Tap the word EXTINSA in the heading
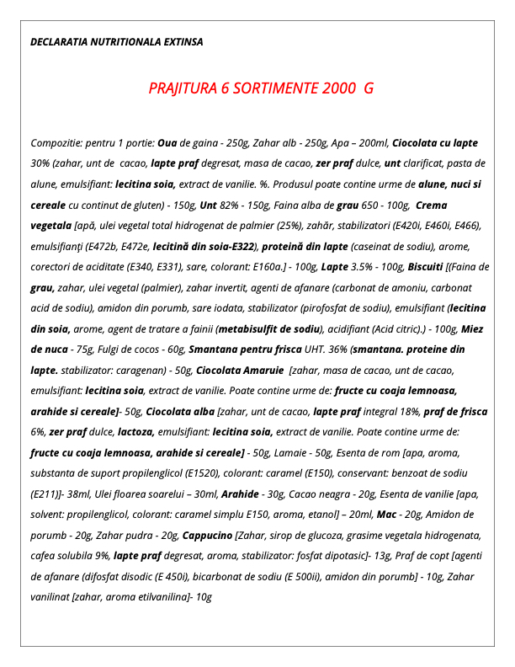[179, 41]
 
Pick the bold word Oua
[168, 143]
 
